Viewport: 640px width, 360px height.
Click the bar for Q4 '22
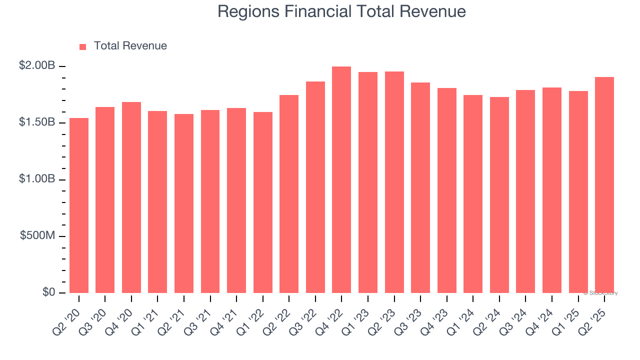click(x=341, y=180)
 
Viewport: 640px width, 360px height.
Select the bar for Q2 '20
click(x=79, y=205)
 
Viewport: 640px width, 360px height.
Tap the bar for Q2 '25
click(x=604, y=185)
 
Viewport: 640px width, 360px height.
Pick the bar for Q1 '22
click(x=263, y=202)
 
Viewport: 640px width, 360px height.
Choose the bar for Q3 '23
click(x=420, y=187)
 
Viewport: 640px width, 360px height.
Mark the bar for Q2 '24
click(x=499, y=195)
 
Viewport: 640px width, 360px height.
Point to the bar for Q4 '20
click(x=131, y=197)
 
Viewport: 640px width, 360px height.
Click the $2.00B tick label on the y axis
click(x=37, y=65)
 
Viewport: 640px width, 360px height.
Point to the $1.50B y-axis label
click(x=37, y=122)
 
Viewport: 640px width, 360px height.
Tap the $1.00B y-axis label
click(x=37, y=179)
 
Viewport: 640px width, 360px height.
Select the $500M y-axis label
click(x=37, y=235)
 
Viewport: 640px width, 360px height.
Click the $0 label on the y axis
click(x=49, y=292)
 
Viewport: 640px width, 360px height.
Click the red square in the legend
click(x=83, y=47)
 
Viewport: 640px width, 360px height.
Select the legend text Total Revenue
click(x=130, y=46)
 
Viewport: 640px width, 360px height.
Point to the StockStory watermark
click(x=600, y=293)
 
